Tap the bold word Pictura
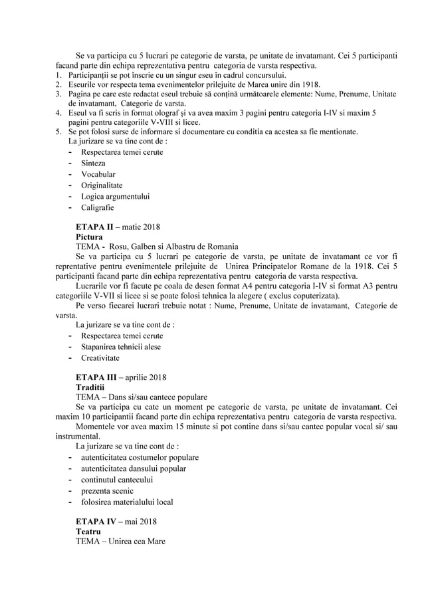[90, 236]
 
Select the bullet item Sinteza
[93, 163]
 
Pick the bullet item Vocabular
[98, 174]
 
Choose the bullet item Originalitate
[102, 185]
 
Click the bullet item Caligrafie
[97, 207]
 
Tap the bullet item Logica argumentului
[115, 196]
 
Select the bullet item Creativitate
[100, 357]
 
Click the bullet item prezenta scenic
[107, 490]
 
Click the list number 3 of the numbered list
[58, 94]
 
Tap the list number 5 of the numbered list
[58, 132]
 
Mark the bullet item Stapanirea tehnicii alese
[120, 346]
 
